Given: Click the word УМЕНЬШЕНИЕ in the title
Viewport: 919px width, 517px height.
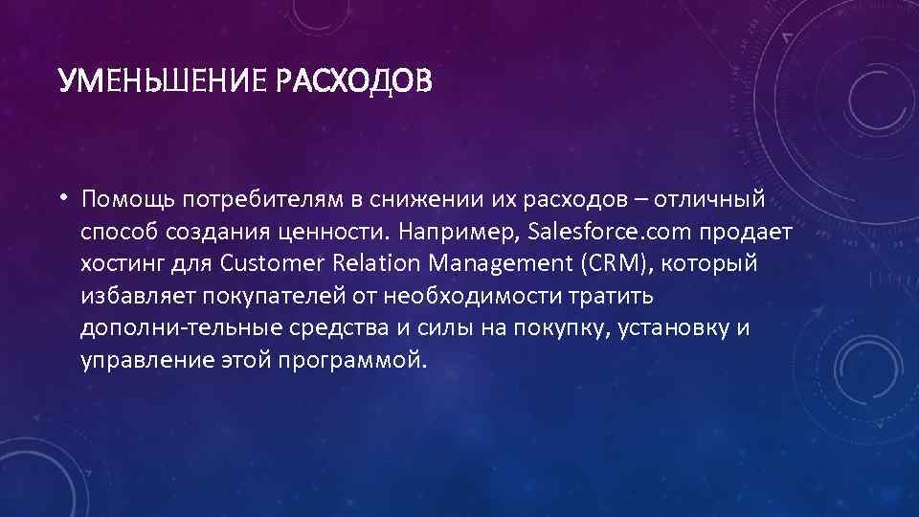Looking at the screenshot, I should click(164, 82).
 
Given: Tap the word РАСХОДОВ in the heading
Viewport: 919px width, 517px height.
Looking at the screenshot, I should click(354, 82).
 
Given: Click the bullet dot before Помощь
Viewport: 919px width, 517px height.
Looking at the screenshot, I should click(70, 197).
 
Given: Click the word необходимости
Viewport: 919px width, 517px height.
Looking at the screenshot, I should click(496, 296).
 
